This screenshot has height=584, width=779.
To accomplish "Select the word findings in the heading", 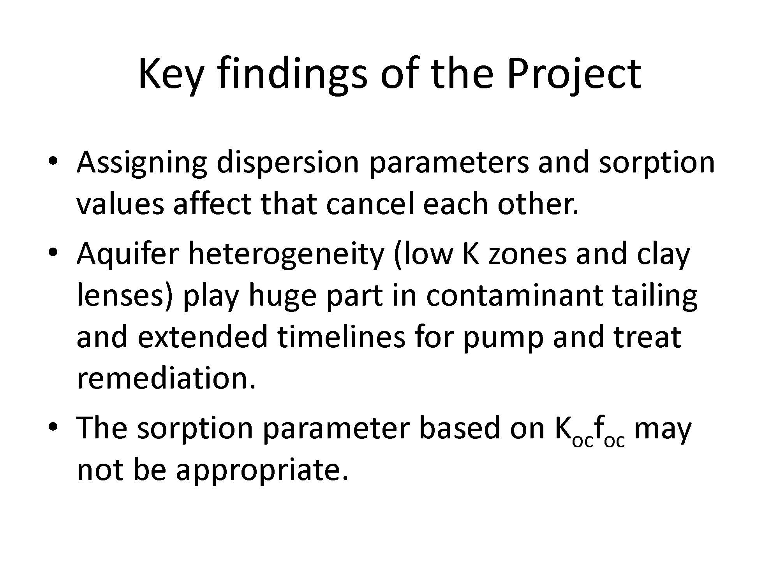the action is pos(292,74).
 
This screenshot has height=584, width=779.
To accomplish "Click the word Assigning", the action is pos(142,163).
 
